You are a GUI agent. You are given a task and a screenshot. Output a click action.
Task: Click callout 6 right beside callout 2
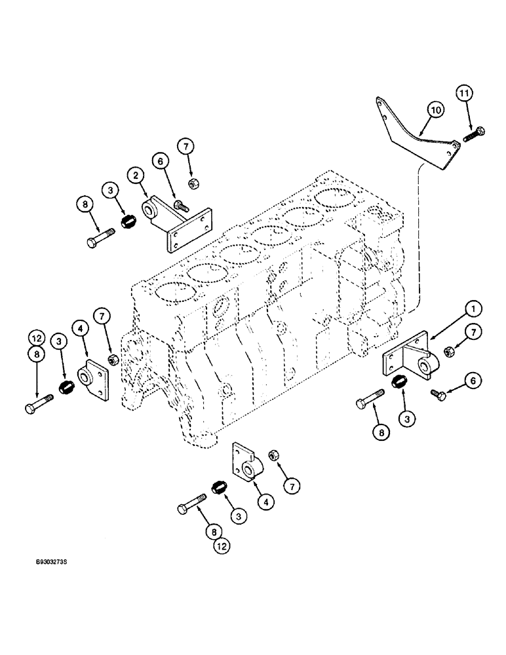(x=159, y=160)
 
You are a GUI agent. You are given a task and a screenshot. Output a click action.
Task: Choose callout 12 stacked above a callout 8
(x=36, y=339)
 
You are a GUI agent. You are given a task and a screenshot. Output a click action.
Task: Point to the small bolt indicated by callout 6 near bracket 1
(x=437, y=394)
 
